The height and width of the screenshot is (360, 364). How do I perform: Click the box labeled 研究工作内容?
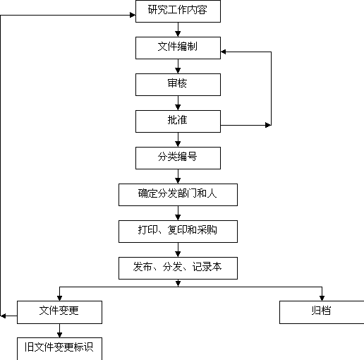(x=178, y=11)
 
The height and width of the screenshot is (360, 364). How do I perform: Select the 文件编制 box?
(x=178, y=48)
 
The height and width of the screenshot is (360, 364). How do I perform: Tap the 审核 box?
(x=178, y=85)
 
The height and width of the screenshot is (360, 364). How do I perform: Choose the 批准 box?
(x=178, y=121)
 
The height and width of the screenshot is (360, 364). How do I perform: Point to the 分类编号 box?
(x=178, y=158)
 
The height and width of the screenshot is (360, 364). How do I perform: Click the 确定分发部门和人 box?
(x=178, y=195)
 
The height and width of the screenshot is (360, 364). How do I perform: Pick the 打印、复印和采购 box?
(x=178, y=232)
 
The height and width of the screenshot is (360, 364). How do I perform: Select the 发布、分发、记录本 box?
(x=178, y=268)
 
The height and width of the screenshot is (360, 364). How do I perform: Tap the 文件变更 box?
(x=59, y=312)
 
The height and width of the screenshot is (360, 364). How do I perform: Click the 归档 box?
(x=322, y=312)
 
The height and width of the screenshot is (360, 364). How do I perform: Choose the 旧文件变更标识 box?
(x=59, y=349)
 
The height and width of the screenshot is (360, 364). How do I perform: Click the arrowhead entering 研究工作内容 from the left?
(x=133, y=15)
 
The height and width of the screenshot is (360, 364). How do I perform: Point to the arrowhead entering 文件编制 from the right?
(x=224, y=52)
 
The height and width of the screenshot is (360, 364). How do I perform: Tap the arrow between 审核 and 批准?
(x=178, y=103)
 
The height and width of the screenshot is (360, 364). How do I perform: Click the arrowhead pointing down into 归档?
(x=322, y=298)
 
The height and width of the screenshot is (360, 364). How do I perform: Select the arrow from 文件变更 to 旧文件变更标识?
(x=59, y=330)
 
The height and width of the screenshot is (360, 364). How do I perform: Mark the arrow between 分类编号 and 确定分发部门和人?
(x=178, y=176)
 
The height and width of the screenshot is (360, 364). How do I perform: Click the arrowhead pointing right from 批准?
(x=268, y=125)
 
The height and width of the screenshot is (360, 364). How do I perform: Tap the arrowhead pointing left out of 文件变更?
(x=3, y=316)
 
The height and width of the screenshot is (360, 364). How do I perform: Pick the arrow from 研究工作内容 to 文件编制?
(x=178, y=30)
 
